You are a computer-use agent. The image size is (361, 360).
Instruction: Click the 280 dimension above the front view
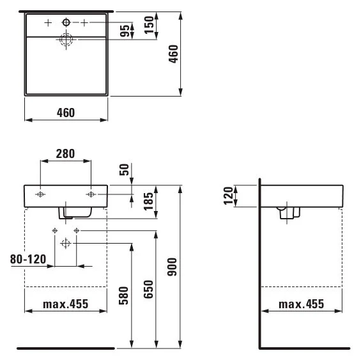(65, 153)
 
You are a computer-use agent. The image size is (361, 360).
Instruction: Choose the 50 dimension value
(125, 171)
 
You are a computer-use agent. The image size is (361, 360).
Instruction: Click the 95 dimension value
(125, 31)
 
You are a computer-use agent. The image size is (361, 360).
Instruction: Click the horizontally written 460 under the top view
(65, 113)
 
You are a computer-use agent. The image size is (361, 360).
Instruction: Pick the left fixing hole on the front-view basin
(40, 194)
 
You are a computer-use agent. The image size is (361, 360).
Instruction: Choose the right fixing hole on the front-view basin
(90, 194)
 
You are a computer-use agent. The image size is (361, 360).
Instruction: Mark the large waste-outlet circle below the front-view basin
(65, 243)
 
